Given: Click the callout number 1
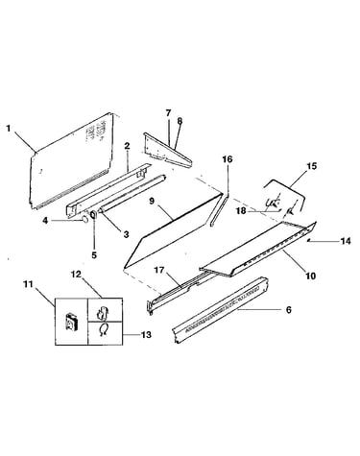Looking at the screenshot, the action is pyautogui.click(x=9, y=129).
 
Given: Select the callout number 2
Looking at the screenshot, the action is pyautogui.click(x=127, y=146).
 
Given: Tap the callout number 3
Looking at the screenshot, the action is pyautogui.click(x=126, y=234).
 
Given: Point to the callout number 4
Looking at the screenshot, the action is pyautogui.click(x=45, y=221).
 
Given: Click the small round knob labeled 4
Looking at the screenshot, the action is pyautogui.click(x=84, y=219).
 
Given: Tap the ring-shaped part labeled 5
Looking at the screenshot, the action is pyautogui.click(x=94, y=214).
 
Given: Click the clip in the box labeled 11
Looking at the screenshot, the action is pyautogui.click(x=71, y=322).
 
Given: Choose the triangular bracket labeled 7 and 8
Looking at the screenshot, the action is pyautogui.click(x=166, y=153).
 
